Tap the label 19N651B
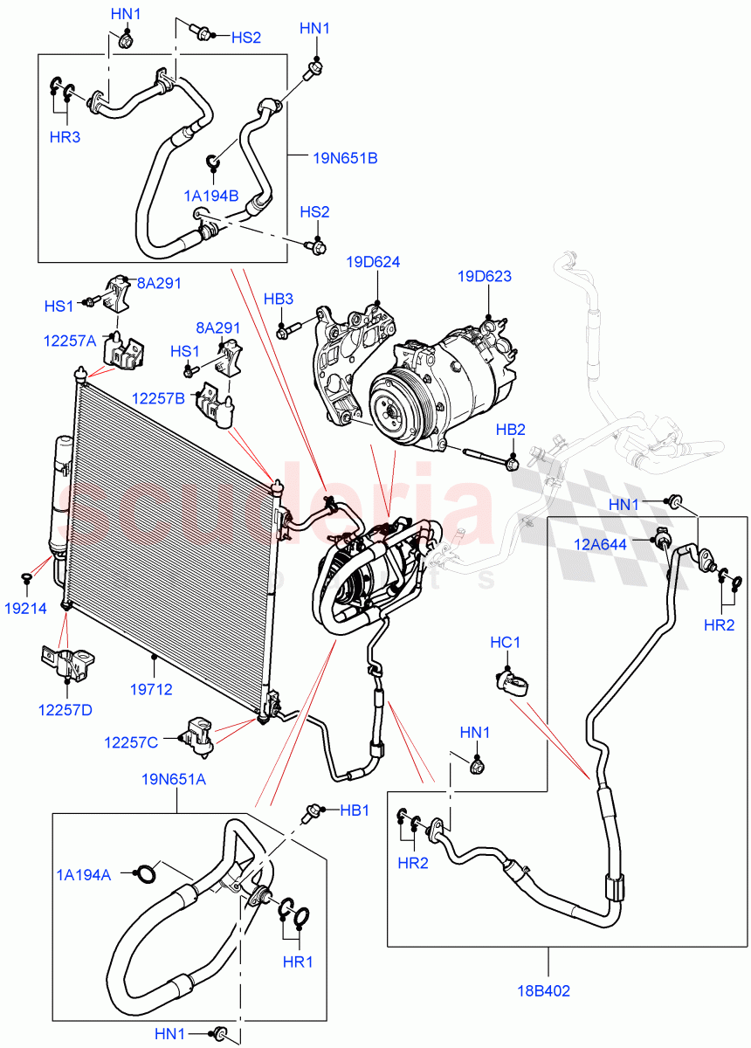pyautogui.click(x=345, y=158)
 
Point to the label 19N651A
pyautogui.click(x=175, y=780)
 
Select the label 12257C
pyautogui.click(x=131, y=742)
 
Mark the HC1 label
pyautogui.click(x=505, y=643)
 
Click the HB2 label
pyautogui.click(x=510, y=430)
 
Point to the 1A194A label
pyautogui.click(x=84, y=875)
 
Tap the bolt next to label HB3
pyautogui.click(x=288, y=331)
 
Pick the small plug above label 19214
pyautogui.click(x=27, y=578)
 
